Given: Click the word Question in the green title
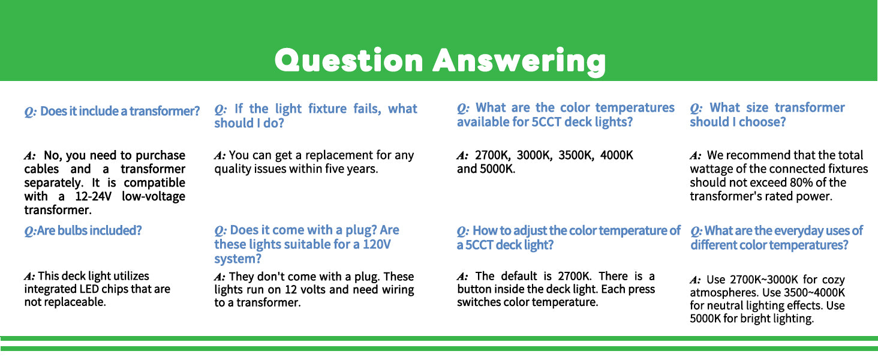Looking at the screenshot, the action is [349, 61].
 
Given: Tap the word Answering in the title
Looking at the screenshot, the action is [519, 62].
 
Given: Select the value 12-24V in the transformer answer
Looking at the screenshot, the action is [94, 196].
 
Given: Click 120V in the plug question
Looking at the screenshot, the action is [377, 244].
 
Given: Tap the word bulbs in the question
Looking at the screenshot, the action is [72, 230].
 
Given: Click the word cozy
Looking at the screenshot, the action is [833, 280].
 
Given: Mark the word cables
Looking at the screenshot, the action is [41, 169].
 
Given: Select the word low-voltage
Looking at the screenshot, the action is [154, 196].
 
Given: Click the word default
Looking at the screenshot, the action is [519, 276].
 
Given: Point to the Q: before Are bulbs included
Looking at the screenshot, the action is [30, 230].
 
